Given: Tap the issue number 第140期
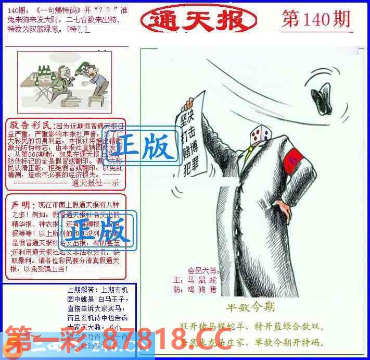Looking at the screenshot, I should coord(315,20).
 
